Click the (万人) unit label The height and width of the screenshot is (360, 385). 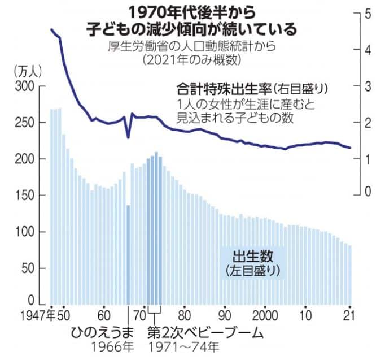25,72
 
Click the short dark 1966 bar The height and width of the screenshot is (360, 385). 128,254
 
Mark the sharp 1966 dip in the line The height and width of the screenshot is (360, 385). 128,136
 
